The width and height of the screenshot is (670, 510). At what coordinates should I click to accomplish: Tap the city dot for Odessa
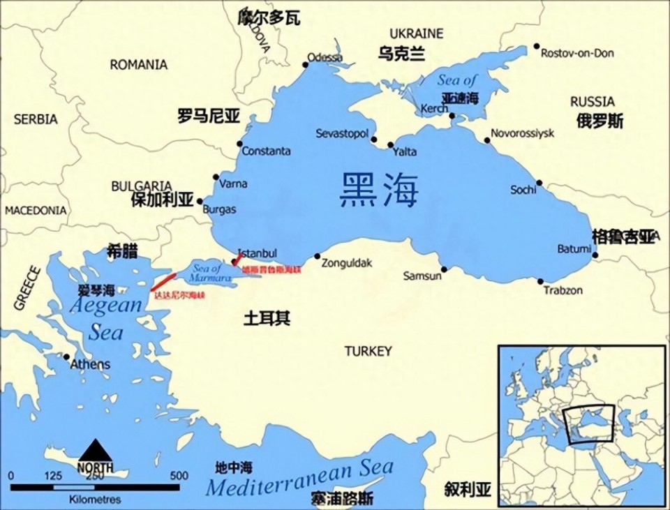point(305,65)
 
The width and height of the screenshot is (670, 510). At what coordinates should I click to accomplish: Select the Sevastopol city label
point(342,133)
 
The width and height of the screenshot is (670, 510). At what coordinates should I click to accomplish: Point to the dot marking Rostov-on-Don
point(537,47)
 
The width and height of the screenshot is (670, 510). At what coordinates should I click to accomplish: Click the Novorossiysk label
point(523,133)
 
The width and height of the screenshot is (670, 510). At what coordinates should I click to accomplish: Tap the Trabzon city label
point(563,290)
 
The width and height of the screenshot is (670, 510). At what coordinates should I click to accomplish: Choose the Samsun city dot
point(444,269)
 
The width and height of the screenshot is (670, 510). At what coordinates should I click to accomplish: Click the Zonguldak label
point(347,263)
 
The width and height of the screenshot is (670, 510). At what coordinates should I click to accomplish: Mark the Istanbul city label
point(258,253)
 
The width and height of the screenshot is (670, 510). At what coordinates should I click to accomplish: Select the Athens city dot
point(67,357)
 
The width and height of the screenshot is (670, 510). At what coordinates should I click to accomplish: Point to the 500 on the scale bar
point(179,476)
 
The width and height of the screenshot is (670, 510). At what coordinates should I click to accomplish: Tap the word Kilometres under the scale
point(95,500)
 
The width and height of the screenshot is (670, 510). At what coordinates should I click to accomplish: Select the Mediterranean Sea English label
point(300,478)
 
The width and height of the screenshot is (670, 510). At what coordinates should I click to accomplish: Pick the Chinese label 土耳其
point(267,318)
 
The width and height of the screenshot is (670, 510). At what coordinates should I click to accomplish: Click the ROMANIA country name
point(139,65)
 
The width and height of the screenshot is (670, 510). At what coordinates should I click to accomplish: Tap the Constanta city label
point(267,151)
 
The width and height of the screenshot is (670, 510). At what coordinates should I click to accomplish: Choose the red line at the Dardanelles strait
point(164,281)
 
